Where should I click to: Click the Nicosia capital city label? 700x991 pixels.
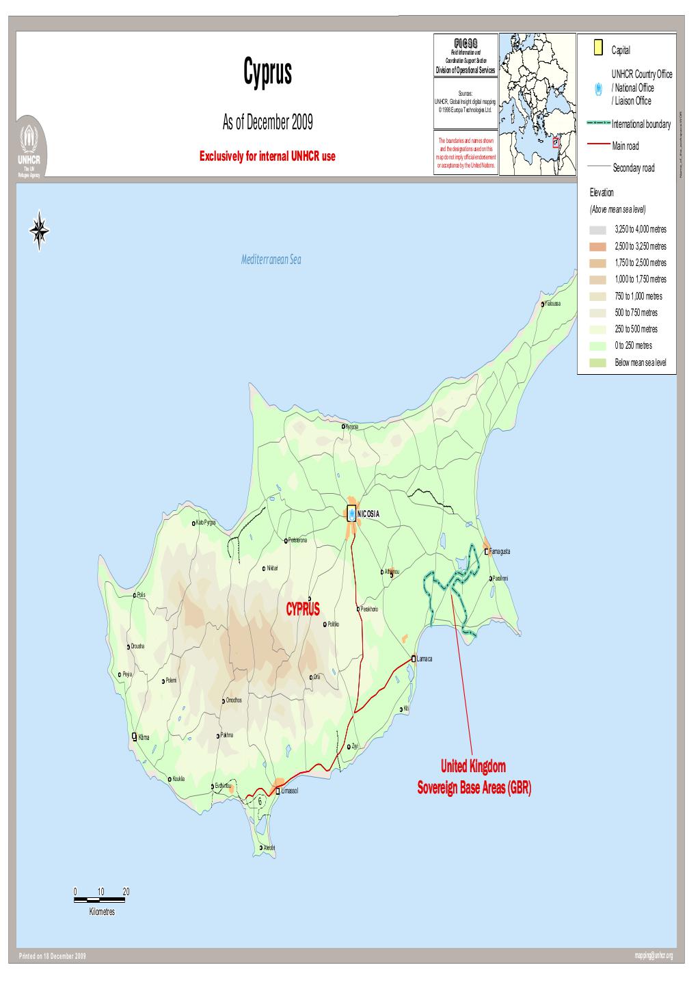[368, 514]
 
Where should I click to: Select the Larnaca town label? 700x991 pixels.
[425, 659]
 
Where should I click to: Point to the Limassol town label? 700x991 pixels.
[291, 791]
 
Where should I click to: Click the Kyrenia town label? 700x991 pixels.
[352, 427]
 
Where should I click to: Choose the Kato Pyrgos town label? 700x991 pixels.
[205, 523]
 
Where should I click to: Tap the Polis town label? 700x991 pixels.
[141, 595]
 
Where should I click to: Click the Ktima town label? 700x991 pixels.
[144, 738]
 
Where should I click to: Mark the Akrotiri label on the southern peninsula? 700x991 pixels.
[269, 848]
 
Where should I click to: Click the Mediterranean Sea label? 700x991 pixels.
[271, 260]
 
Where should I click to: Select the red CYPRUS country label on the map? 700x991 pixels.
[303, 609]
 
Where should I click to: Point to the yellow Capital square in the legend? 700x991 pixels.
[598, 48]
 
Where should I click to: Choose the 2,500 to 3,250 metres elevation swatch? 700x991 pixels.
[598, 246]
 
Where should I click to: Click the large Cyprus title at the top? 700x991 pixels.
[267, 73]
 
